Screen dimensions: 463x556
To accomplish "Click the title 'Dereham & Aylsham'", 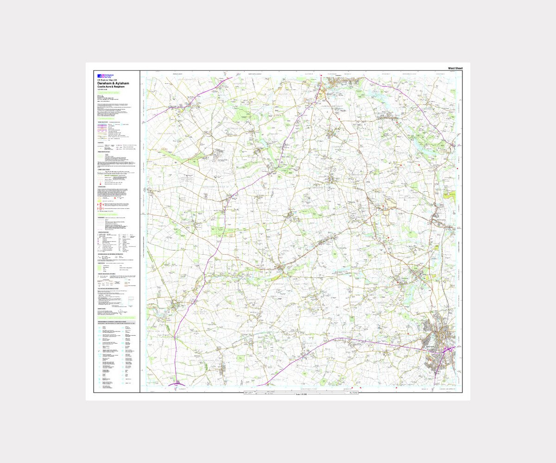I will [x=113, y=83].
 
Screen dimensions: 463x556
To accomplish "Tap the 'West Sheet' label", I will [x=455, y=69].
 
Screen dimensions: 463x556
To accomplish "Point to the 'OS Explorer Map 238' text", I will [x=107, y=80].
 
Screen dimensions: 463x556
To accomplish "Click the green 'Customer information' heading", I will [x=108, y=93].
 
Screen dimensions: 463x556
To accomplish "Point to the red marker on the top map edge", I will [x=321, y=75].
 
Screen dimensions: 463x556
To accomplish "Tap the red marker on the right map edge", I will [x=457, y=169].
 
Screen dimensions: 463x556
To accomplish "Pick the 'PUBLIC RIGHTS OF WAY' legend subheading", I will [x=104, y=152].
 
